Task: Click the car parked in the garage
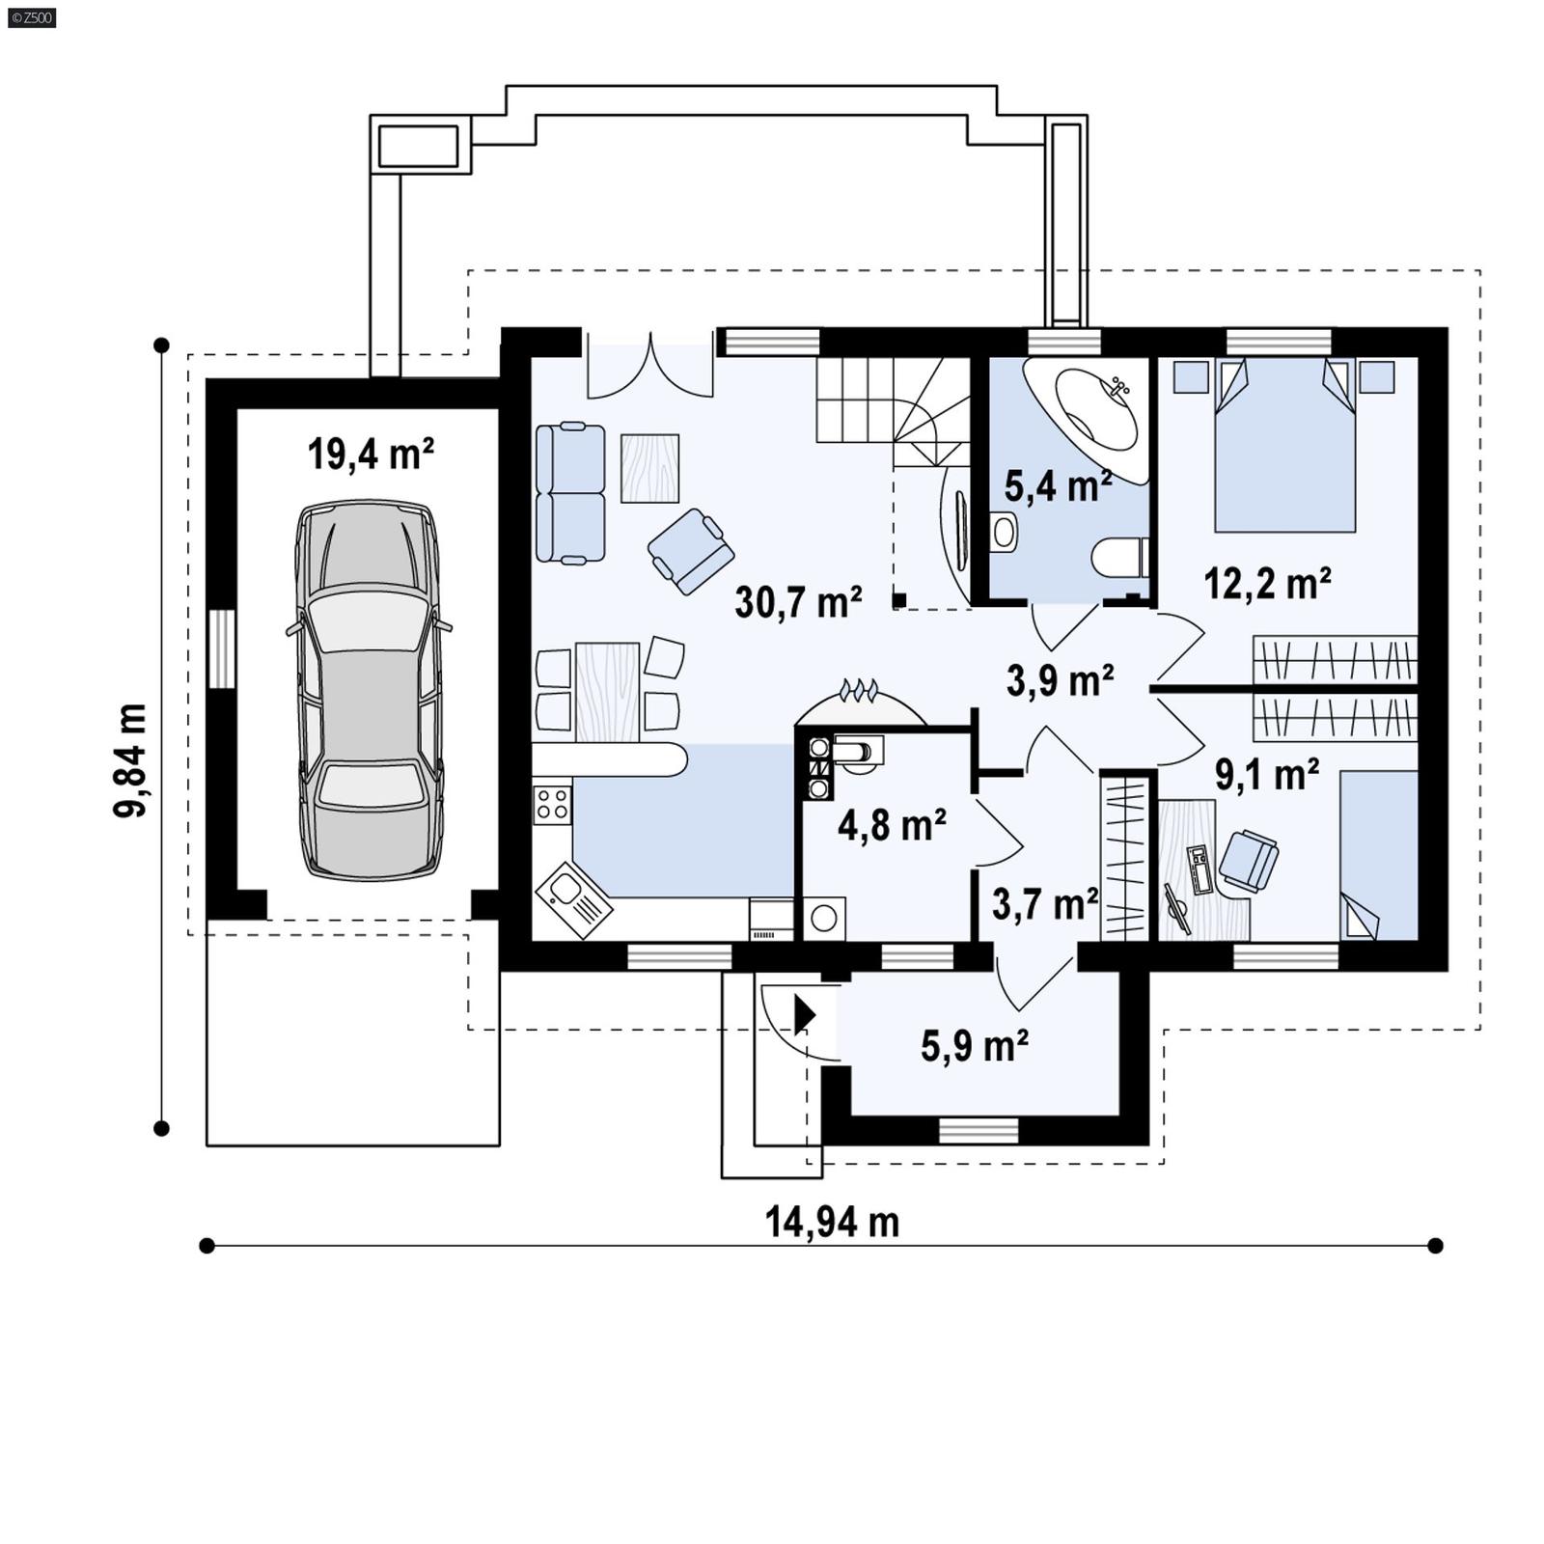371,689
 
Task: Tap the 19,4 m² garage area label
371,454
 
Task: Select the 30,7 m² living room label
798,602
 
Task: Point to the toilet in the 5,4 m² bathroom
1119,558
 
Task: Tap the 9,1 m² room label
1266,774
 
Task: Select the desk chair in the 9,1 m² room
1249,858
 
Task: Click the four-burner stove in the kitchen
552,804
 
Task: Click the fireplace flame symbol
858,690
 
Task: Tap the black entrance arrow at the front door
804,1014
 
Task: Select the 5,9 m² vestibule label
974,1045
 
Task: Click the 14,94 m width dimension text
832,1222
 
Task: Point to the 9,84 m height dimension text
130,760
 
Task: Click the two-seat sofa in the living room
570,493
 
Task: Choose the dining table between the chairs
607,692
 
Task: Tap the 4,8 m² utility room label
891,825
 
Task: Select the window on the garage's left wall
221,648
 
